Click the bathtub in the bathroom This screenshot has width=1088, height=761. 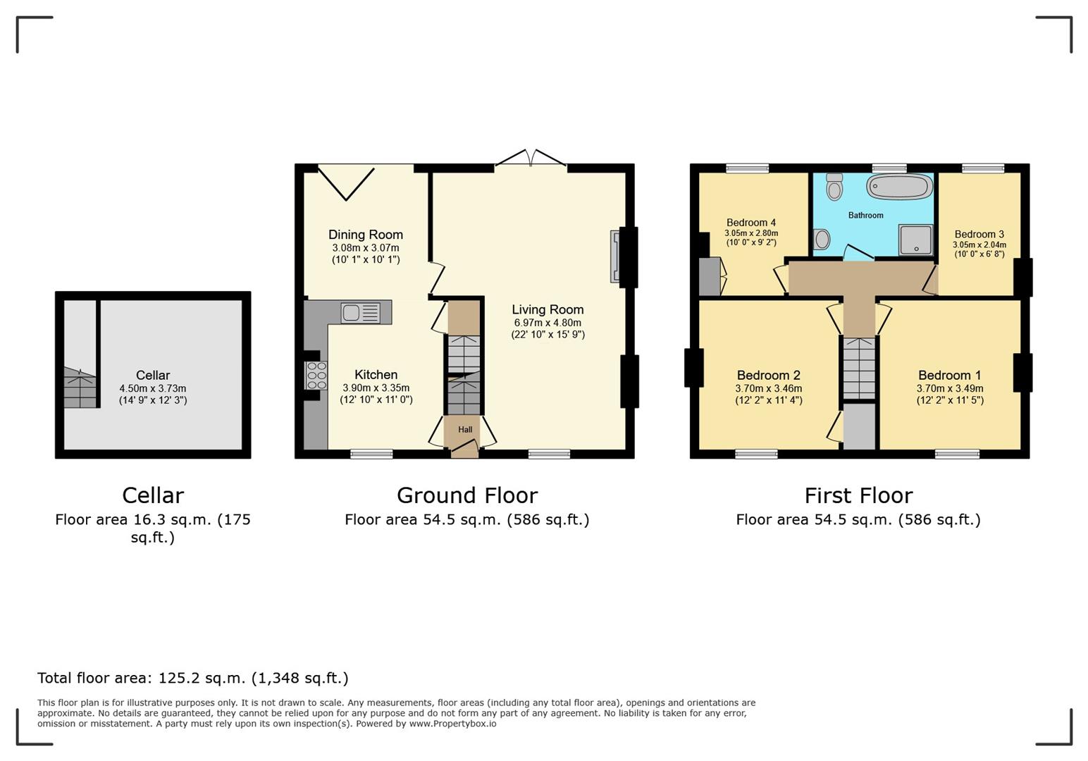900,187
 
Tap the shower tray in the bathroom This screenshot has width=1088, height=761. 915,240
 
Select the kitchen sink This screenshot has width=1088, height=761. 360,312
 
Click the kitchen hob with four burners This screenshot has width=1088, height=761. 316,376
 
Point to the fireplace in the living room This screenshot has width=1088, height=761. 615,257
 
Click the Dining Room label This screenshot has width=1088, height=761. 366,235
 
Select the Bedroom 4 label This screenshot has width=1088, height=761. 751,223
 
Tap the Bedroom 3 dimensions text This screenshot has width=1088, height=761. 979,249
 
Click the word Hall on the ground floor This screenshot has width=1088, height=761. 465,430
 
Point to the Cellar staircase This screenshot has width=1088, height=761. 80,388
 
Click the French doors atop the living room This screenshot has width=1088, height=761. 531,159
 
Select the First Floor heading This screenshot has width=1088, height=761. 858,495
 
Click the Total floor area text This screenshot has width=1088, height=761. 192,678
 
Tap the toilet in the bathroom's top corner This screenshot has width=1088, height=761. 835,187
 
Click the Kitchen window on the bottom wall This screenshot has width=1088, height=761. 371,454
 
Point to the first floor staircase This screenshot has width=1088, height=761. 859,368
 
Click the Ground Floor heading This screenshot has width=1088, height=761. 466,495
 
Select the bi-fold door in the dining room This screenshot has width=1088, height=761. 346,182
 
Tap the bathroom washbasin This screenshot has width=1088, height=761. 822,240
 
